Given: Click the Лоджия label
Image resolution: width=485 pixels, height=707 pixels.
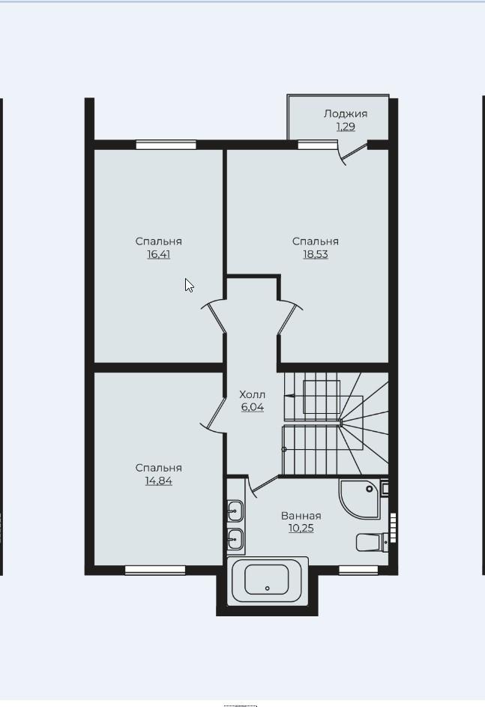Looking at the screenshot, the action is pos(346,114).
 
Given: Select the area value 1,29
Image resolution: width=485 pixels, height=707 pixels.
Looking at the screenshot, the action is pos(346,127).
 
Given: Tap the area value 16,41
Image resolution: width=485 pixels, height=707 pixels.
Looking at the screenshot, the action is pos(159,254).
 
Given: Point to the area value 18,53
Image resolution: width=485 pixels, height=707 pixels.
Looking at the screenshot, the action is pos(316,254).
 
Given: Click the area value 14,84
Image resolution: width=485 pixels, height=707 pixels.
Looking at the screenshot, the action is pos(159,481).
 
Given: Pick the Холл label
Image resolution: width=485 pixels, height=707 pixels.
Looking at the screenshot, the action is pos(253,394).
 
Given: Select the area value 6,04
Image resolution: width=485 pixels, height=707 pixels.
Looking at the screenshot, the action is pos(253,407).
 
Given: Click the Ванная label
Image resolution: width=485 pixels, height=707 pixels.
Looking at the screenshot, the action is pos(301,516).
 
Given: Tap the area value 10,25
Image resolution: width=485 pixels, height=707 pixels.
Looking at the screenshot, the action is pos(301,529).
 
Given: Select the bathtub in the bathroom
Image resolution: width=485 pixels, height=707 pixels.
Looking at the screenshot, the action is pos(268,581).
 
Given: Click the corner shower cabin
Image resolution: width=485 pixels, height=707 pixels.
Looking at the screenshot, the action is pos(360,499).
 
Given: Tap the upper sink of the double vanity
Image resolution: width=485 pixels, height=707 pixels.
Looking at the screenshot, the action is pos(235,511).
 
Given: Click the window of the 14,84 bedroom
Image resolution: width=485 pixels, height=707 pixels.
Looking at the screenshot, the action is pos(155,571).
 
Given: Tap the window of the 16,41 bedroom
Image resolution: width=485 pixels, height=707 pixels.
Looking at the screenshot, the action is pos(166,145).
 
